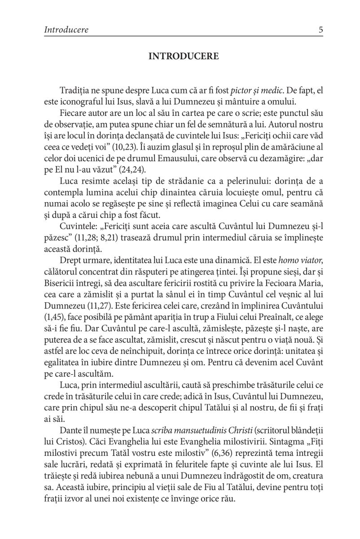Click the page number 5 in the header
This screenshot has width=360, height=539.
(320, 30)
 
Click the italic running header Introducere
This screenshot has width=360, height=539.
(66, 30)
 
